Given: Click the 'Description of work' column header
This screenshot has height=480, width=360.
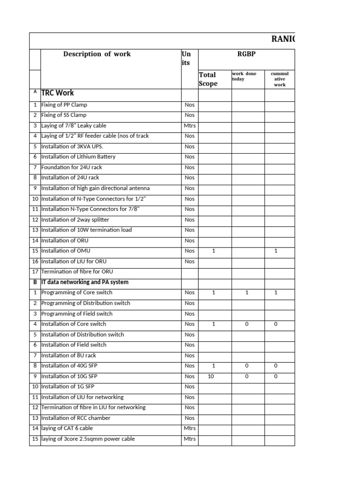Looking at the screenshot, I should [97, 54].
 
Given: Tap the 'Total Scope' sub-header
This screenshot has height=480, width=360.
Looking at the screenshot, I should [208, 79].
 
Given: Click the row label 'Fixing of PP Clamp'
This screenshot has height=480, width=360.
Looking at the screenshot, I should [64, 105].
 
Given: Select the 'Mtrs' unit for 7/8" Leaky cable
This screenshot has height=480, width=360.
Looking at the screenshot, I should [190, 126].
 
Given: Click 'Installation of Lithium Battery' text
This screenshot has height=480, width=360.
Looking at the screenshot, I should [78, 157].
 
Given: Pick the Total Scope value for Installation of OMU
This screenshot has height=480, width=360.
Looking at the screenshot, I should [214, 251].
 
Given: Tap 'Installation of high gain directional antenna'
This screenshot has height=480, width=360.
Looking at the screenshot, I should [96, 188].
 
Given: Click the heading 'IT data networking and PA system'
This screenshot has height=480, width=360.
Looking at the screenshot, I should [85, 282].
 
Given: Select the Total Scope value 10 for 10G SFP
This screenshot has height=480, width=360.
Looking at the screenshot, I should [211, 376].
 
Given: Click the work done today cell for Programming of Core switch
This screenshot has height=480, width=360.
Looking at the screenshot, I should [247, 292].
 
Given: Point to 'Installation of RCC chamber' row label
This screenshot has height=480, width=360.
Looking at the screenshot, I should [76, 418].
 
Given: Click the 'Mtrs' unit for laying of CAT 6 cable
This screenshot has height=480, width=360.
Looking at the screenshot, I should [190, 428].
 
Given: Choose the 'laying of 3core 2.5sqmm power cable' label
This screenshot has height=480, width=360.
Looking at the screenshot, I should [88, 439].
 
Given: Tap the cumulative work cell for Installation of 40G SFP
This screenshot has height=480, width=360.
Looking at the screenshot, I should [276, 366].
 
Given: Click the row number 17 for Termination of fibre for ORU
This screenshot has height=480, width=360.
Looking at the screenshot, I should [35, 271].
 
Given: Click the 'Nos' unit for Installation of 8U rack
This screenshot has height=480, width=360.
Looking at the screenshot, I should [190, 355].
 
